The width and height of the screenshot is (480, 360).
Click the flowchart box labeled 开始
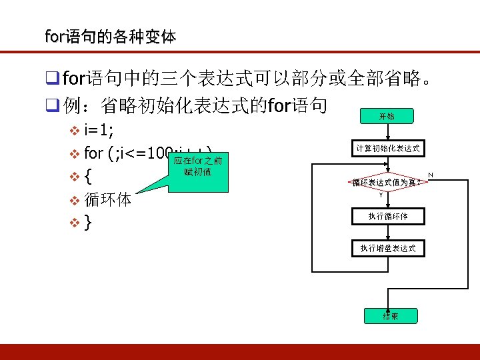[387, 116]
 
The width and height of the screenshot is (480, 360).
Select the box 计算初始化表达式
[387, 149]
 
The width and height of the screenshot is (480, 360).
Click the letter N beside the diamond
[430, 175]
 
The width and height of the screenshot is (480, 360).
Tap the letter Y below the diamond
[381, 195]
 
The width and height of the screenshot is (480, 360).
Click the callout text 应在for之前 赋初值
[197, 167]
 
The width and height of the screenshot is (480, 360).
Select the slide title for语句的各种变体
[110, 36]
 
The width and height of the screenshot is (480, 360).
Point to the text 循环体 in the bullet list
[108, 199]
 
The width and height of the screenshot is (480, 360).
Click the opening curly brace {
[89, 177]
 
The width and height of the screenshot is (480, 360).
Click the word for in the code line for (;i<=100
[94, 153]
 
